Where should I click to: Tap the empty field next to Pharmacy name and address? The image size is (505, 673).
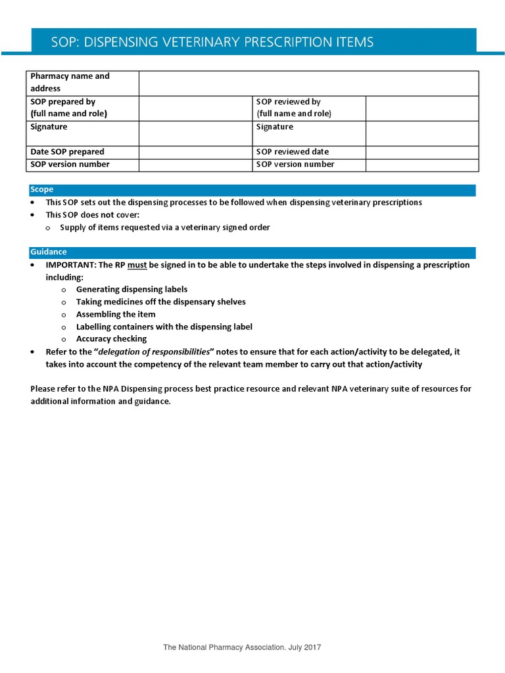pos(308,83)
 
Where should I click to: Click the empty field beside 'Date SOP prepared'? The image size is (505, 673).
pos(195,152)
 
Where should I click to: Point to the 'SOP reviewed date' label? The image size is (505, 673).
pos(292,152)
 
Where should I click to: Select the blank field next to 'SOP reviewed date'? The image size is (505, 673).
pos(421,152)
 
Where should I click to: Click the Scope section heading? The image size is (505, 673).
pos(41,189)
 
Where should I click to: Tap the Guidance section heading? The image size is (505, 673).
pos(48,252)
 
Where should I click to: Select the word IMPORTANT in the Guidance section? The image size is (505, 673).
pos(70,265)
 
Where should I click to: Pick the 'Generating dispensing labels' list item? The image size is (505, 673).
pos(132,289)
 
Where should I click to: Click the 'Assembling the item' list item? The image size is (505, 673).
pos(116,314)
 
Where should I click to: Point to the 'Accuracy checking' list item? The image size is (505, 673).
pos(111,339)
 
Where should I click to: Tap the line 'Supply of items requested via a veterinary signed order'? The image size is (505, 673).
pos(164,227)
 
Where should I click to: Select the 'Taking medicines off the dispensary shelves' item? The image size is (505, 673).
pos(160,302)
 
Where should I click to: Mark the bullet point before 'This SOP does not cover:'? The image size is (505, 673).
pos(34,215)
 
